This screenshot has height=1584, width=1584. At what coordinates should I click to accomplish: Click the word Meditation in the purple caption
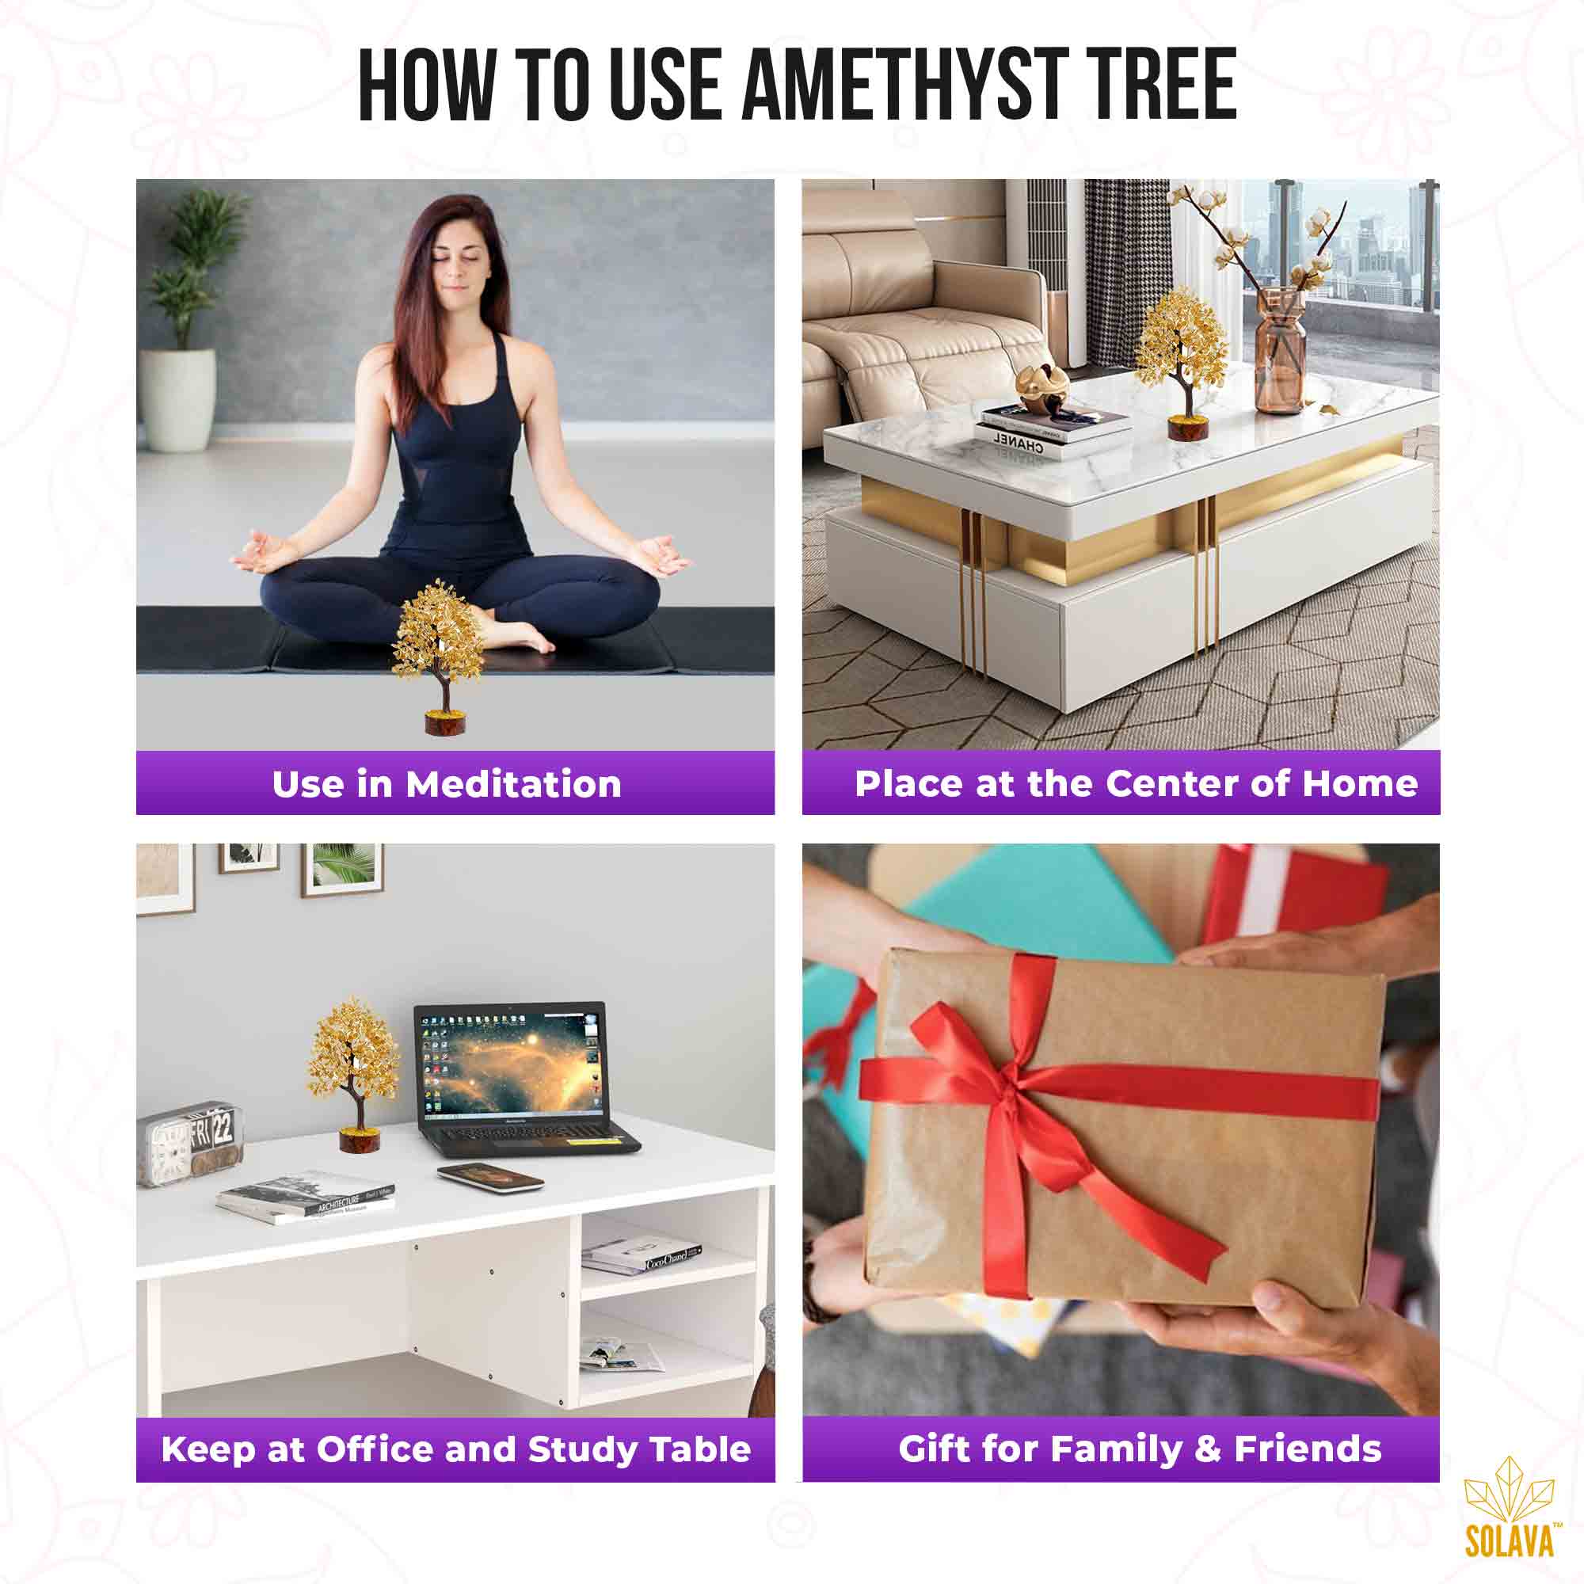513,785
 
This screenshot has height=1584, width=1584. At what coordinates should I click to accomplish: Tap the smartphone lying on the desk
490,1178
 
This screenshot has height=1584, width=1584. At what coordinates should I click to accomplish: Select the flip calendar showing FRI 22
190,1142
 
